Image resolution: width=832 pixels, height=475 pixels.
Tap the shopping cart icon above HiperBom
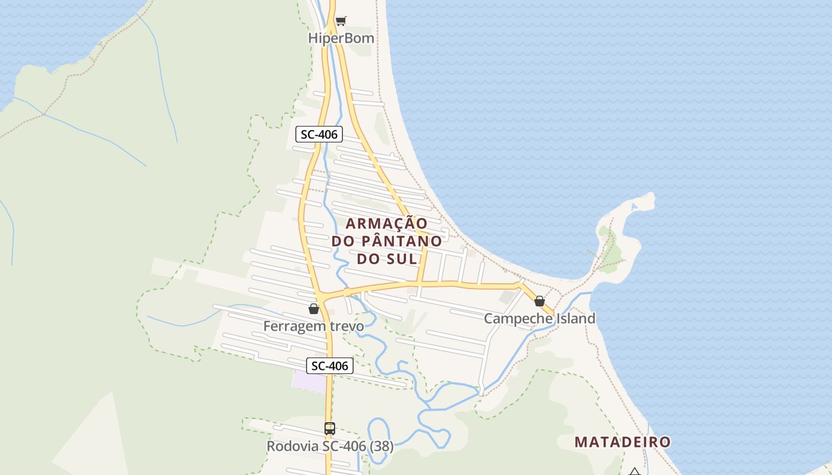coord(341,21)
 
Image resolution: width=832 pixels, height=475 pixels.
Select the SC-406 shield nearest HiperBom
coord(319,134)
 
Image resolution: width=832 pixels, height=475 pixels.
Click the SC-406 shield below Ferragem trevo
coord(330,366)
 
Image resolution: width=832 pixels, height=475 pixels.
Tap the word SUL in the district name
coord(404,259)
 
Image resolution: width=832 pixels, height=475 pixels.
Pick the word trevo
coord(348,326)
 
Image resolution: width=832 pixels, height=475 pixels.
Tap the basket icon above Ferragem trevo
coord(314,309)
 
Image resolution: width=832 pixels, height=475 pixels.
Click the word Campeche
coord(518,318)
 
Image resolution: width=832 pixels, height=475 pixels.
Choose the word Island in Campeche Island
coord(575,318)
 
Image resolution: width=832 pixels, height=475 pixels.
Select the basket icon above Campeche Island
coord(540,301)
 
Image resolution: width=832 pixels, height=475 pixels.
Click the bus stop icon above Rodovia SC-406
coord(329,429)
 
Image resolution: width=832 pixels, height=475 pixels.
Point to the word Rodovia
coord(293,446)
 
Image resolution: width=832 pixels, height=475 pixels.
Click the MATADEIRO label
coord(622,442)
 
